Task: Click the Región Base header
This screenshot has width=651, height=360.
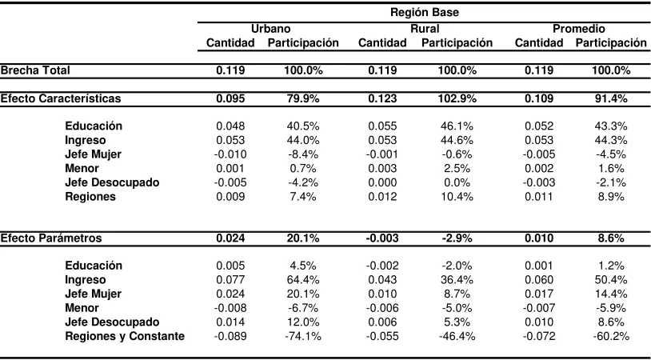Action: [425, 13]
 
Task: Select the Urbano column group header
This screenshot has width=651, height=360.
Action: [270, 29]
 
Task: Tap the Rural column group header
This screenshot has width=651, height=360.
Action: [425, 29]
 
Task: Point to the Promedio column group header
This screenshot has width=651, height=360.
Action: [578, 29]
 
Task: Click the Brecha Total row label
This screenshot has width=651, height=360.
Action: [35, 70]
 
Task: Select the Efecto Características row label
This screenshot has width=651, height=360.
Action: [61, 98]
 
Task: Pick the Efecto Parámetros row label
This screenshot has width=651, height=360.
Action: [51, 238]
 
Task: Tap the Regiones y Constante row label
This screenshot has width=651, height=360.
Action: [125, 336]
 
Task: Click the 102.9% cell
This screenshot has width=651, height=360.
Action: [457, 98]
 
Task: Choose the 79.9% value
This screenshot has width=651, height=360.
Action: [303, 98]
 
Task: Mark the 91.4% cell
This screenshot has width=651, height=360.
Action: [611, 98]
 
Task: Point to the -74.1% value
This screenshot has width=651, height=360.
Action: [303, 336]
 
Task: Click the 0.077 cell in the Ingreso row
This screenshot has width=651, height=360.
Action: [230, 279]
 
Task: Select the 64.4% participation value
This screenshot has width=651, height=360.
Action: [303, 279]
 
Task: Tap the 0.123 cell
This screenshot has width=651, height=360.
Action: [382, 98]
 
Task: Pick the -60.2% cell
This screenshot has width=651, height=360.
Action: [611, 336]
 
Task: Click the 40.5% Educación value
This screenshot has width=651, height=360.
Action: [303, 126]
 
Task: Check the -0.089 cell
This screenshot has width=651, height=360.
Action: [230, 336]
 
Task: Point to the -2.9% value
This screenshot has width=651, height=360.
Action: [457, 238]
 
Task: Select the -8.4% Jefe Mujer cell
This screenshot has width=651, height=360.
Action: [303, 154]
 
